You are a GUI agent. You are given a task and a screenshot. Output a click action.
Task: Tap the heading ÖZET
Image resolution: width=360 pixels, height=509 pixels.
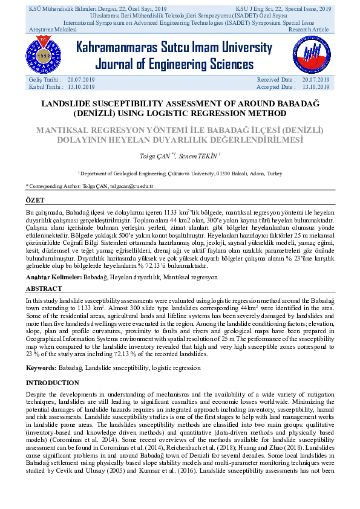click(x=35, y=199)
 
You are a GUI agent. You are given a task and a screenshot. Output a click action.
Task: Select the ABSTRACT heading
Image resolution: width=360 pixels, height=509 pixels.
click(x=44, y=289)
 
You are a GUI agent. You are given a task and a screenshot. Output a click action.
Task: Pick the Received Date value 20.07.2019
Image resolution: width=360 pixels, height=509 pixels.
click(x=315, y=80)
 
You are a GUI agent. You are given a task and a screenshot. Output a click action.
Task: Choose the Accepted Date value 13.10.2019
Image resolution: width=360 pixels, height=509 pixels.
click(x=315, y=87)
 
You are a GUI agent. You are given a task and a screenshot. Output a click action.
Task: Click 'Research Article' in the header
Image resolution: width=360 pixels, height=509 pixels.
click(x=309, y=30)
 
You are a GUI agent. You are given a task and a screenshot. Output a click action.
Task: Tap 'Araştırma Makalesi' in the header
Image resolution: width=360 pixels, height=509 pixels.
click(x=53, y=30)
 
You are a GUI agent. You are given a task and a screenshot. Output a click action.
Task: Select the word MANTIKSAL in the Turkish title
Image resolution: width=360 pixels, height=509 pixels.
click(x=66, y=130)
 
